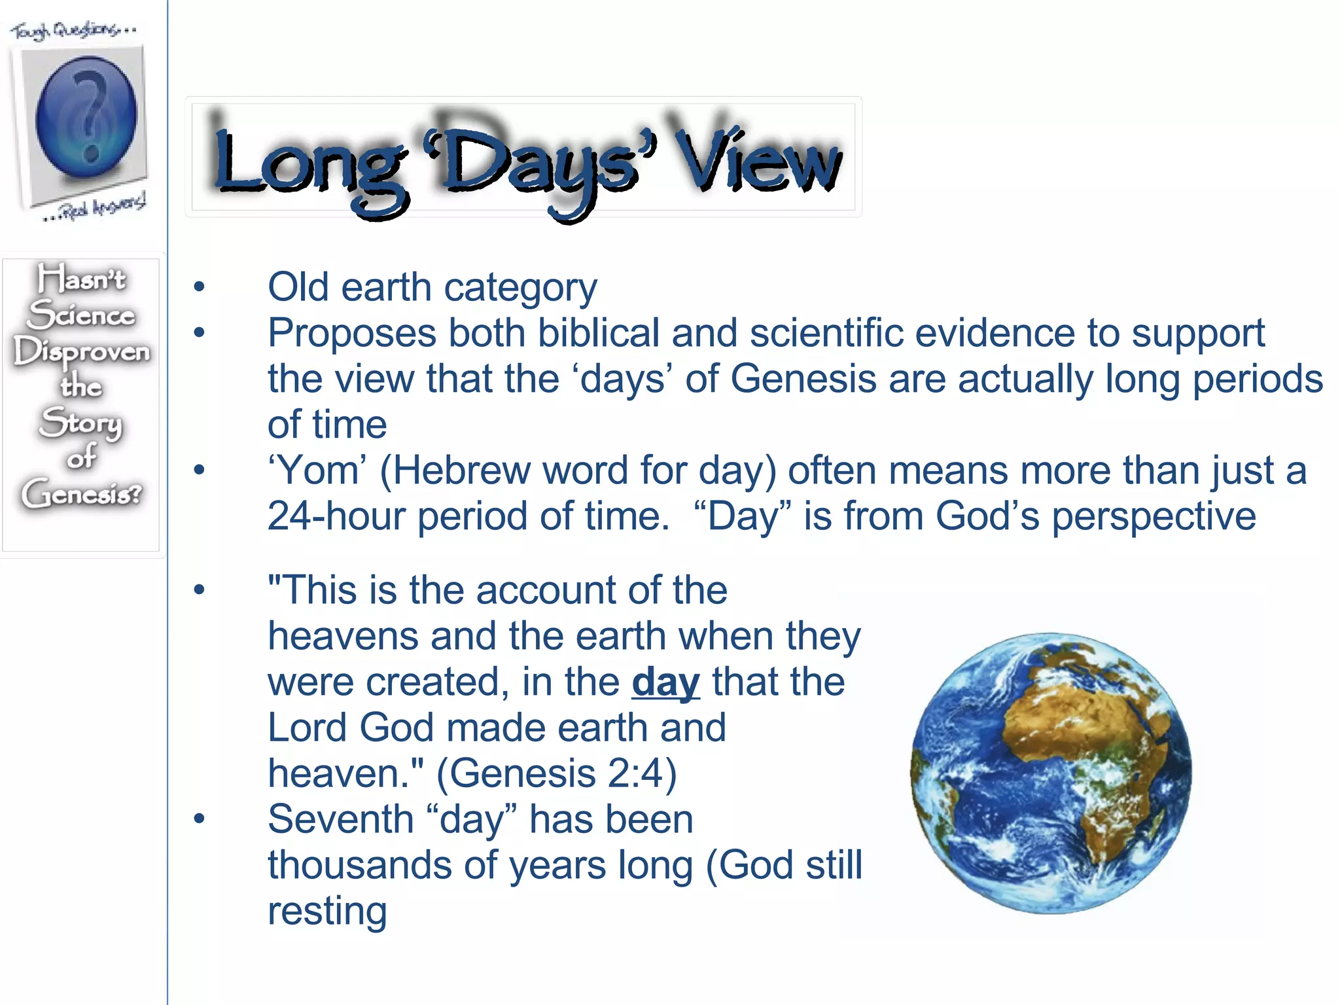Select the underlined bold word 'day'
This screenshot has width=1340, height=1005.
pyautogui.click(x=665, y=682)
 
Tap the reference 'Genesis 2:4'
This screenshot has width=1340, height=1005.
pyautogui.click(x=556, y=773)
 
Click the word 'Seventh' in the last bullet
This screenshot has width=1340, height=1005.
pyautogui.click(x=340, y=819)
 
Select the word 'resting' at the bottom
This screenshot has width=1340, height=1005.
pyautogui.click(x=327, y=911)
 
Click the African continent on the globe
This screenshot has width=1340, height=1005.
pyautogui.click(x=1086, y=739)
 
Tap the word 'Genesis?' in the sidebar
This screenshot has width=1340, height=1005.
pyautogui.click(x=82, y=493)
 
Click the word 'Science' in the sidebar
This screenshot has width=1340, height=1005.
pyautogui.click(x=82, y=315)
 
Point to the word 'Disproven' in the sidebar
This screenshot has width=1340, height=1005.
pyautogui.click(x=82, y=352)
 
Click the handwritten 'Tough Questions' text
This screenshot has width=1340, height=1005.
pyautogui.click(x=72, y=29)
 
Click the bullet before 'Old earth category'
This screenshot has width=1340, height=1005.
pyautogui.click(x=199, y=287)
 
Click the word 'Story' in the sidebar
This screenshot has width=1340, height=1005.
pyautogui.click(x=81, y=422)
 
